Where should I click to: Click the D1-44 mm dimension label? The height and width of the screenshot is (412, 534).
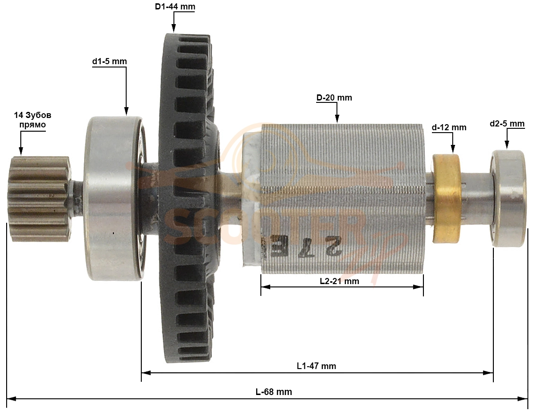click(175, 7)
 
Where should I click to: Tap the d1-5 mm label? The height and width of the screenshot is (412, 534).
click(109, 61)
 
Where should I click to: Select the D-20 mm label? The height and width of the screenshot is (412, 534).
click(334, 98)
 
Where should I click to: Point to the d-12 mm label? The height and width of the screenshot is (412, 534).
click(449, 127)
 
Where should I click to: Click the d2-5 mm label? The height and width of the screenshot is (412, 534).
click(507, 124)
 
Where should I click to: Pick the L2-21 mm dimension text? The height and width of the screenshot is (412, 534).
click(339, 281)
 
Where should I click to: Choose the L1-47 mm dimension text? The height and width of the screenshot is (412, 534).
click(316, 366)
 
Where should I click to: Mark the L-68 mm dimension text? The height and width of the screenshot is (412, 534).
click(274, 392)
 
